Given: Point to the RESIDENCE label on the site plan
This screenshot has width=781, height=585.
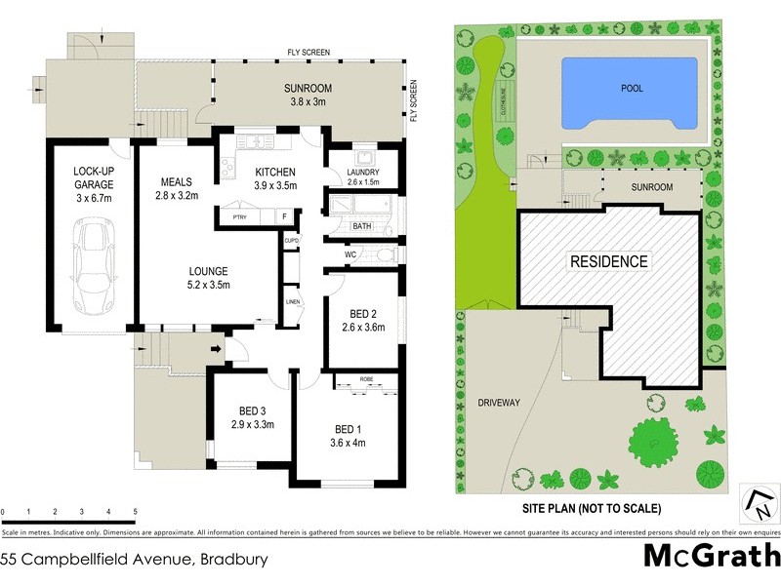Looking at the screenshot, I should [608, 261].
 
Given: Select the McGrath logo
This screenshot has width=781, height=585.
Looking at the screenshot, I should [712, 557].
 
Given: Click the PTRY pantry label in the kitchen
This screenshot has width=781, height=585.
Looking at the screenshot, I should [237, 217].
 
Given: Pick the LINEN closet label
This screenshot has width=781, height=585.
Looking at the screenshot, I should [292, 302].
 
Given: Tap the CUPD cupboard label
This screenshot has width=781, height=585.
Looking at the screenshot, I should [291, 240].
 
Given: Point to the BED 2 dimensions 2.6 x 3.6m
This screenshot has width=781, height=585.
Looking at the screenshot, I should [362, 328].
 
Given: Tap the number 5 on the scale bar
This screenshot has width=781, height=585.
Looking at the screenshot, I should [135, 511].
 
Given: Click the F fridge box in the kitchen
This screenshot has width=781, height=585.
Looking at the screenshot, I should [284, 217].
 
